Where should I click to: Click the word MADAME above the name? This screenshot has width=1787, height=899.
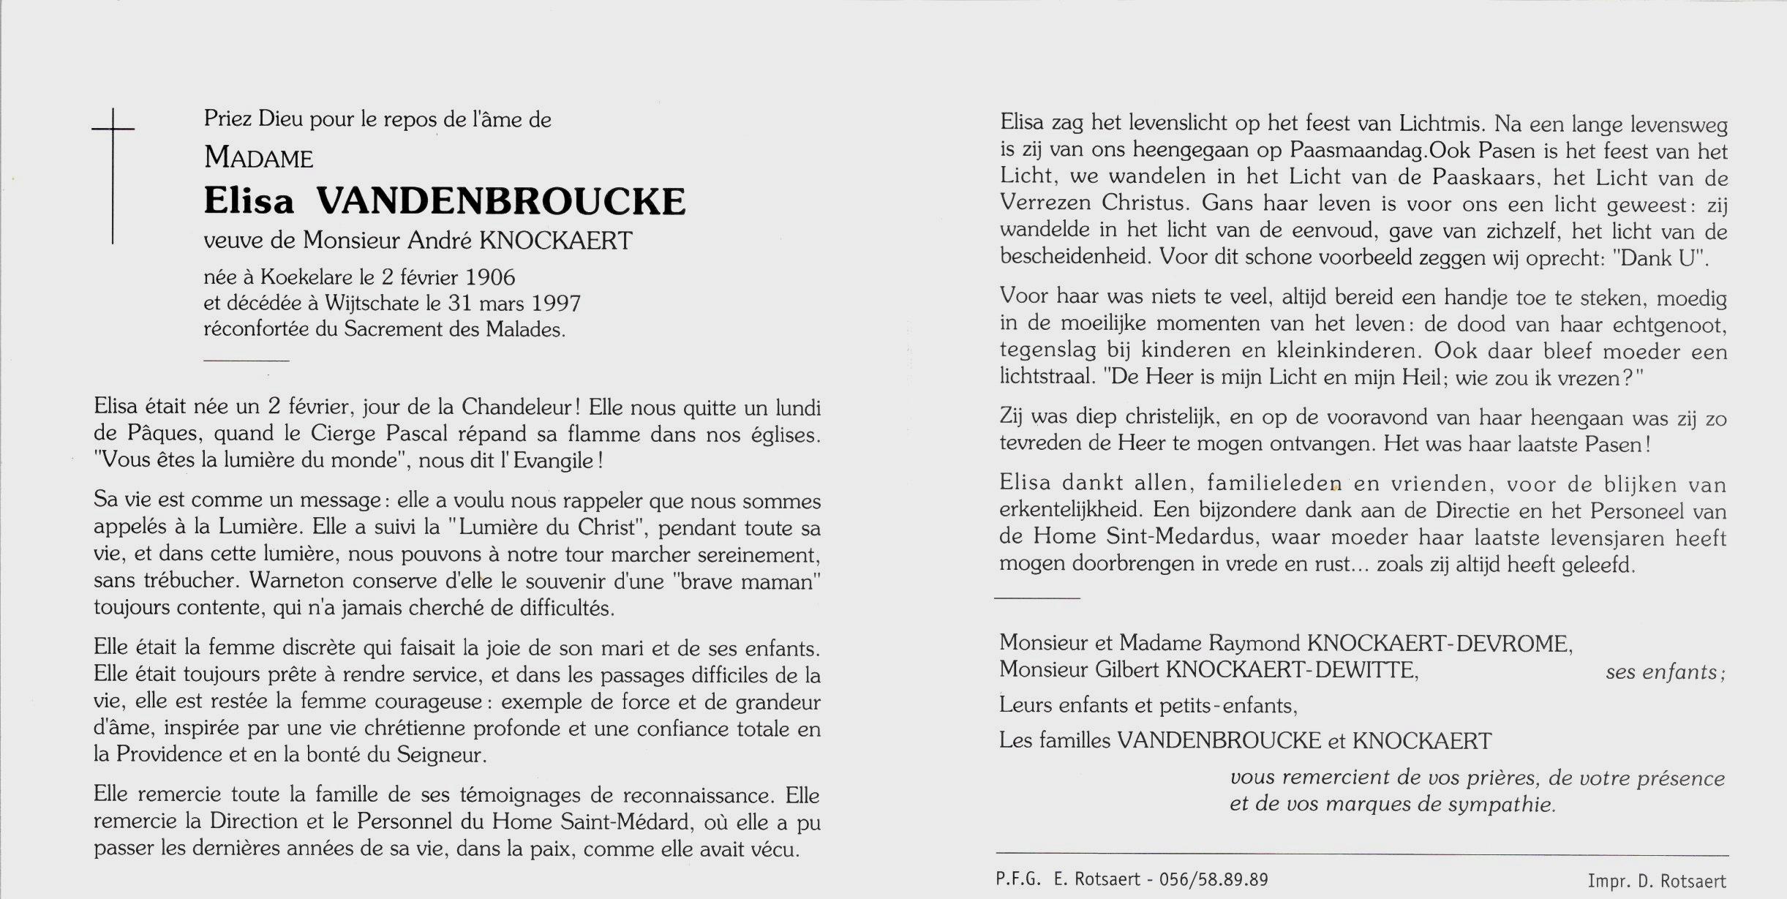[x=258, y=157]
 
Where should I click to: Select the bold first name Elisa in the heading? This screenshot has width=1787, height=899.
[x=249, y=200]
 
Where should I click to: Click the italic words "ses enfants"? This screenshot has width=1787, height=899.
[x=1665, y=672]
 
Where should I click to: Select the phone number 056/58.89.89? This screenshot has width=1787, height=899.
[x=1214, y=879]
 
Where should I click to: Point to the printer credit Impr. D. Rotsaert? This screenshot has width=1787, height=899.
[x=1656, y=881]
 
